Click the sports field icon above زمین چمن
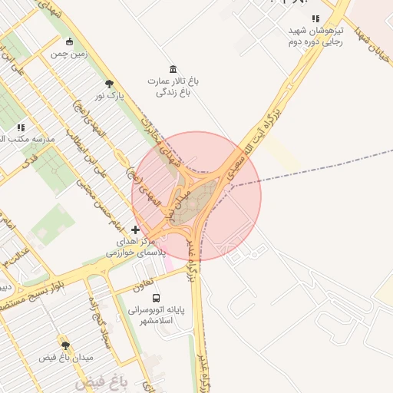[71, 42]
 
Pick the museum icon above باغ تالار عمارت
[173, 68]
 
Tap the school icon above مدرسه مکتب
[20, 127]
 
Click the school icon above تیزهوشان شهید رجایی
[315, 18]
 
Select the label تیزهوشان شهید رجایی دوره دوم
[315, 36]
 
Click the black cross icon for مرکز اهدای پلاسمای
[135, 230]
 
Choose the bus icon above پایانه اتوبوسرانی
[156, 298]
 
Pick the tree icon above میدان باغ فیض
[65, 346]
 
